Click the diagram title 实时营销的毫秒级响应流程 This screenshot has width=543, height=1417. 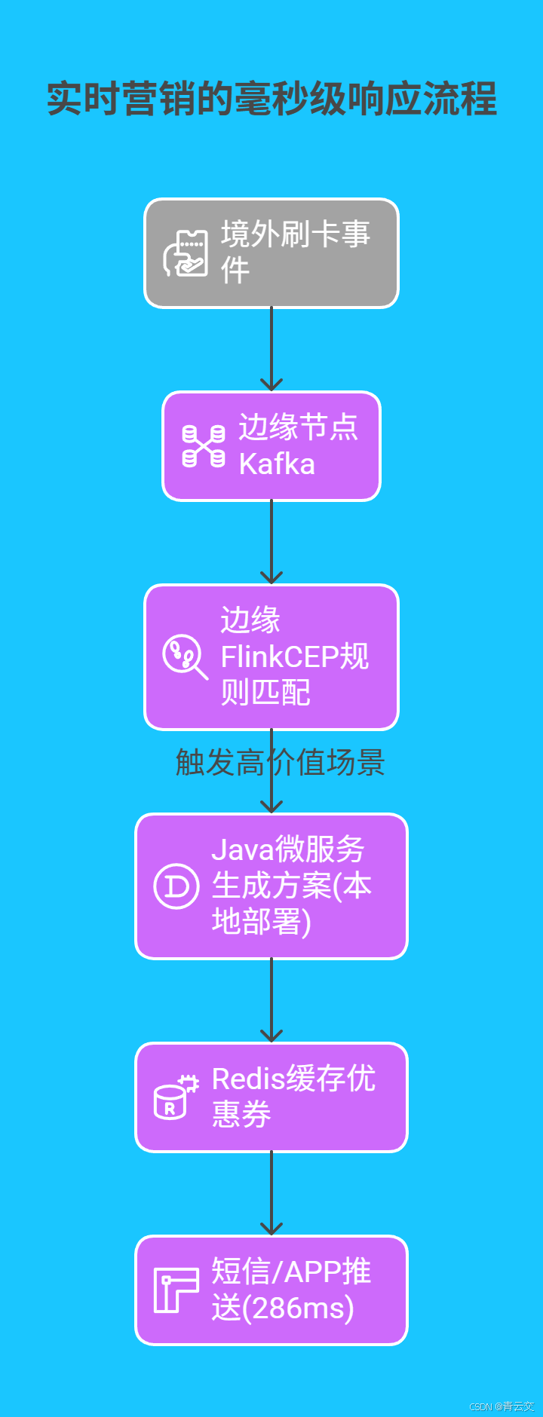(x=271, y=99)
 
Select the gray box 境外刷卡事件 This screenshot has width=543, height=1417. (x=271, y=253)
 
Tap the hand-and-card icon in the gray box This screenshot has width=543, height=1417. (x=186, y=253)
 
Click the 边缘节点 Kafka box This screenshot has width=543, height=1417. (x=271, y=445)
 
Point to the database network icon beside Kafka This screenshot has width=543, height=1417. (x=204, y=445)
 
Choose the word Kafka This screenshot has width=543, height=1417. (x=277, y=464)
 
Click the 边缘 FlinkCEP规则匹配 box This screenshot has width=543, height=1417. (x=271, y=656)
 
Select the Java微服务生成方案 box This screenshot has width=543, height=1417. (x=271, y=886)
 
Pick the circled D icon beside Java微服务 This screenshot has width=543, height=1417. (x=176, y=886)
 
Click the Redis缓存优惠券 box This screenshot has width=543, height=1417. (x=271, y=1097)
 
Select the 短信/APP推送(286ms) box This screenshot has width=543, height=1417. (x=271, y=1290)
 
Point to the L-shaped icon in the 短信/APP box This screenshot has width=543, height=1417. (x=176, y=1290)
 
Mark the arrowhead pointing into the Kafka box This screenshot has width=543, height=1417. (x=271, y=384)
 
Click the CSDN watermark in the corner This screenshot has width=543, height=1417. (x=502, y=1406)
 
